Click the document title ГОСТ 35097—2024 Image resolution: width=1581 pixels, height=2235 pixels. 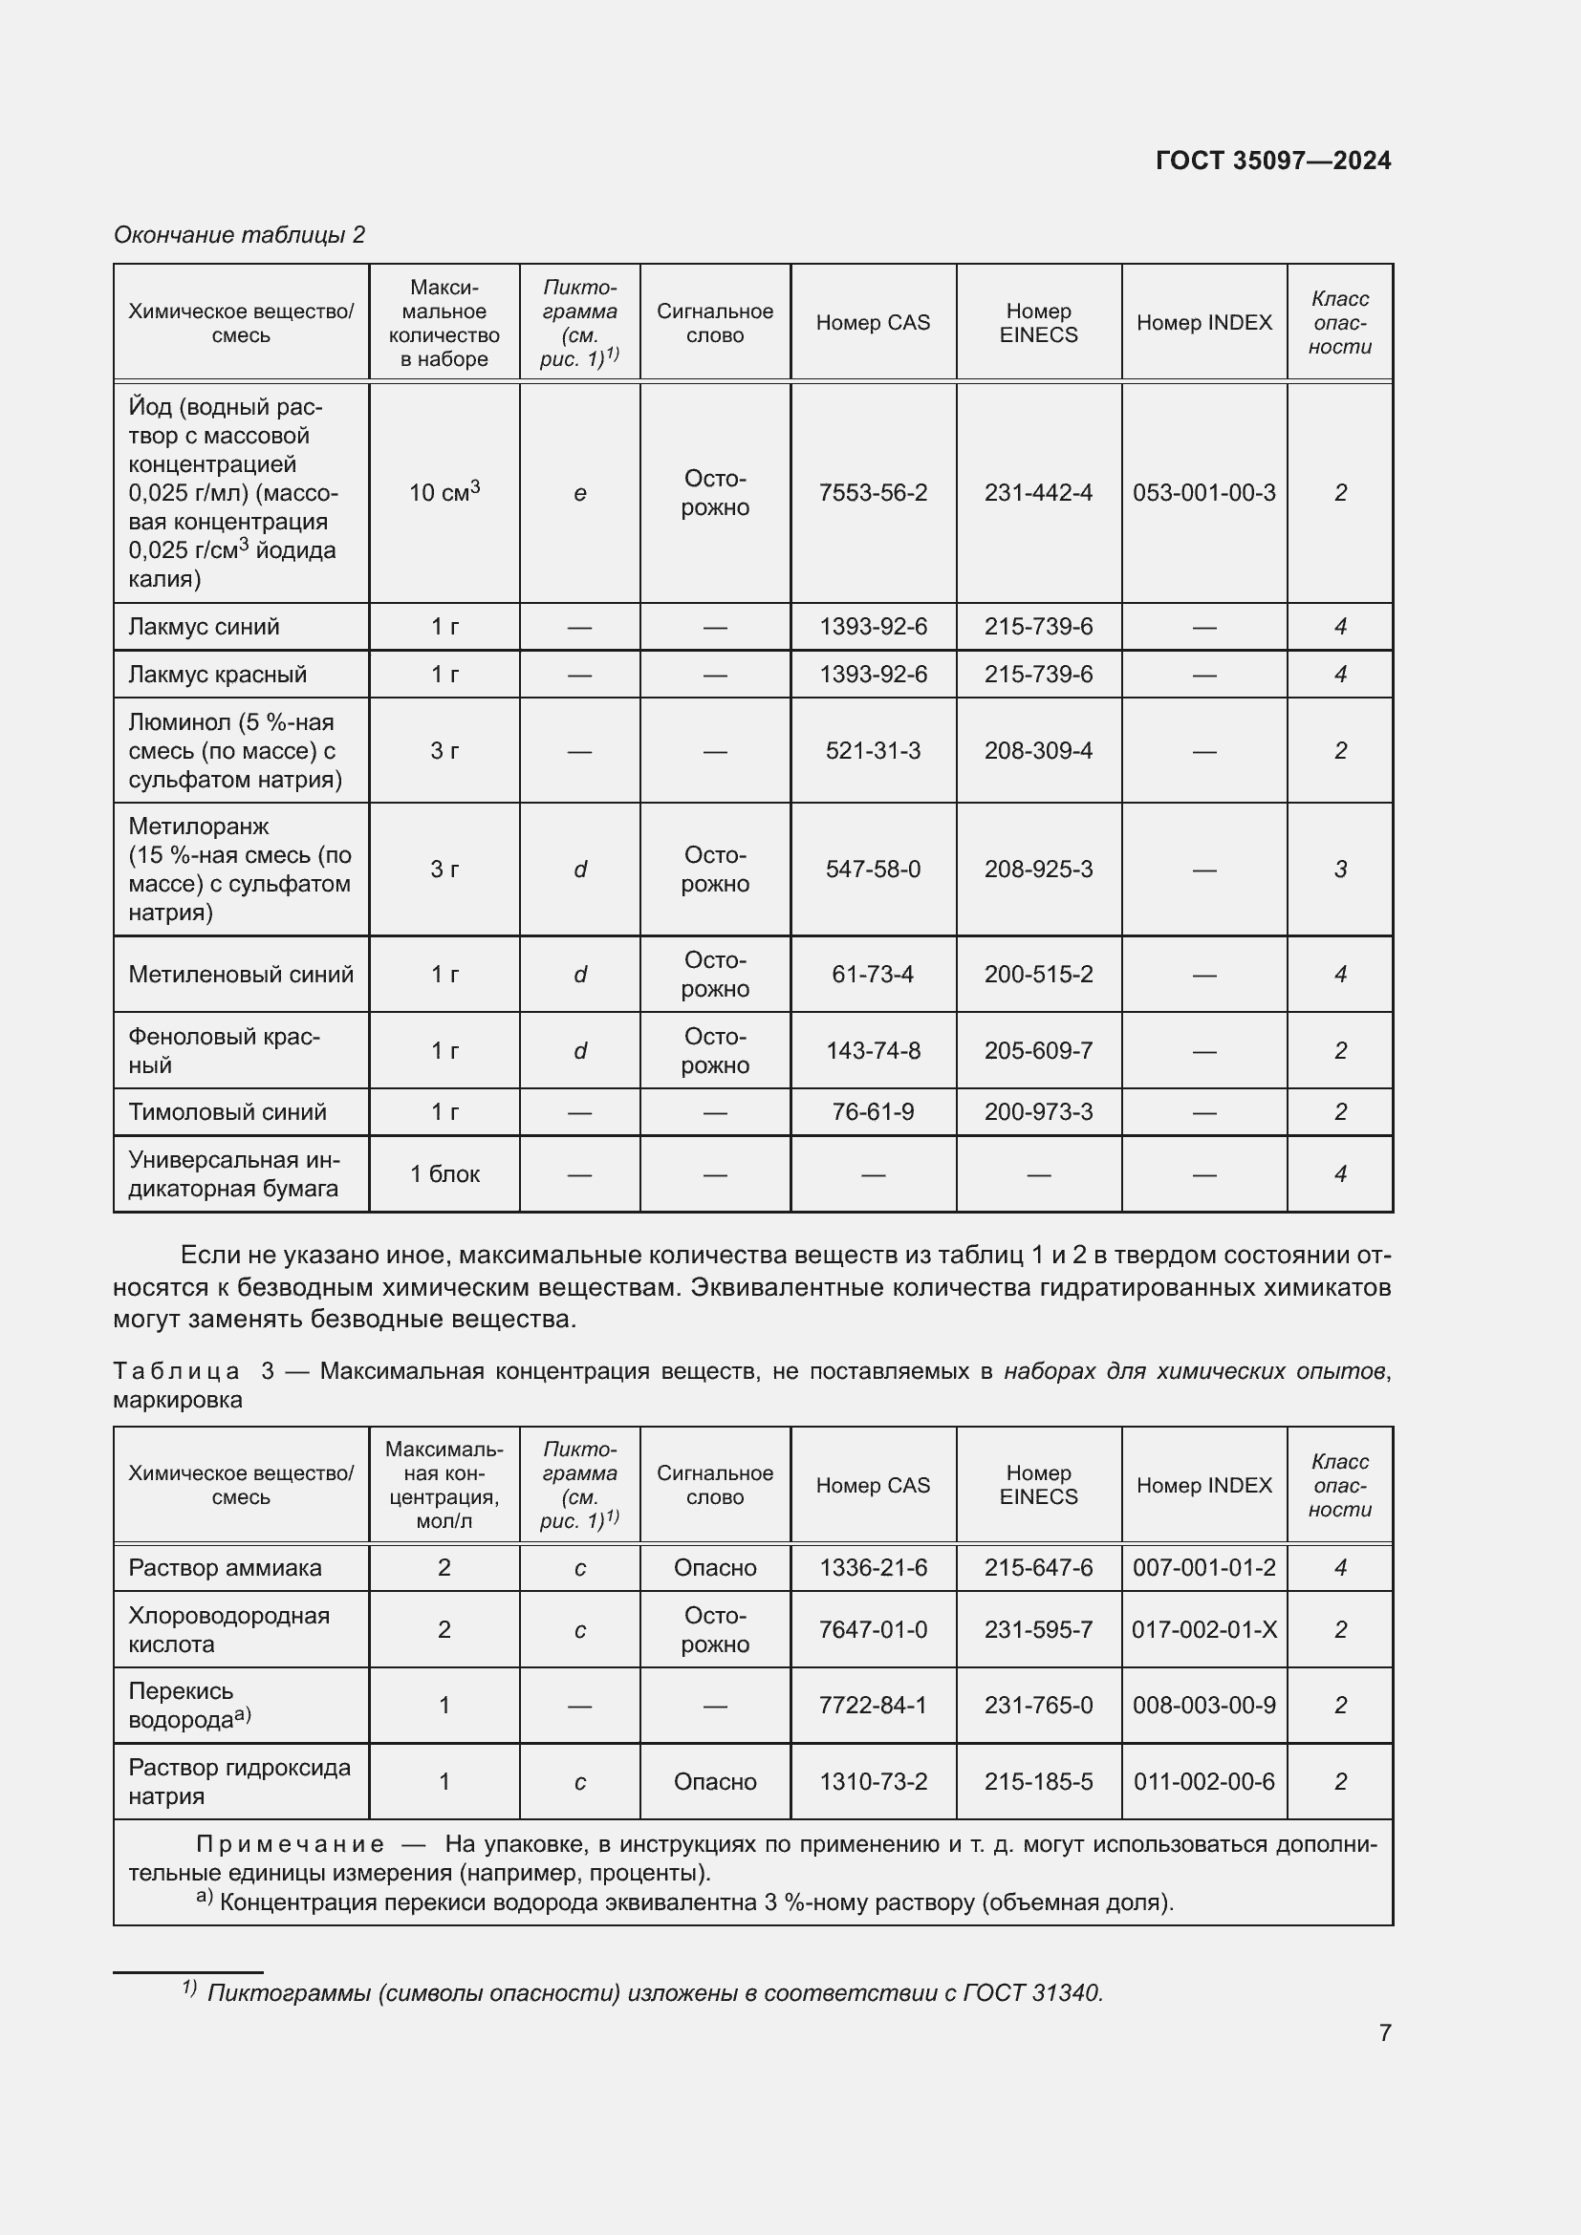coord(1272,161)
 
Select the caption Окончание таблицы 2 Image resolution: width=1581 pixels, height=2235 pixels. coord(240,235)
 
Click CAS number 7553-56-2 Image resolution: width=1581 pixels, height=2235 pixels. coord(873,492)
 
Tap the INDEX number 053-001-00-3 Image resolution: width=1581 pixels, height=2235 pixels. coord(1203,492)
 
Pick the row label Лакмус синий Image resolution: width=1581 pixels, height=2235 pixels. coord(204,627)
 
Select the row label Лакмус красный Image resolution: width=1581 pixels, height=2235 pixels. coord(217,675)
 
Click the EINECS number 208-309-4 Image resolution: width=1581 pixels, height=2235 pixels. coord(1038,750)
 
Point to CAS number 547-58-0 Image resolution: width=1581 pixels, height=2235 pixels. coord(873,870)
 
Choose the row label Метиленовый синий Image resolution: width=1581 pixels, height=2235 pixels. coord(241,975)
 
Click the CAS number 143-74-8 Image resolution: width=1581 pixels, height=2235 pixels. coord(873,1051)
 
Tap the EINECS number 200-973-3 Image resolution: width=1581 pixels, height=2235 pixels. coord(1038,1111)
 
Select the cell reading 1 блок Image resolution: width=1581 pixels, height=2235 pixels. coord(444,1174)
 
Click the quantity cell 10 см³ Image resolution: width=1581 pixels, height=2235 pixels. coord(444,492)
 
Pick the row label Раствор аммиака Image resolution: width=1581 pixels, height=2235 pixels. coord(225,1568)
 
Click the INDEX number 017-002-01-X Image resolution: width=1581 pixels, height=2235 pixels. coord(1203,1629)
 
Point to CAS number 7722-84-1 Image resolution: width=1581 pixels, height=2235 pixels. coord(873,1706)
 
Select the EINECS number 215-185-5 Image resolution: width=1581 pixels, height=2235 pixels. coord(1038,1781)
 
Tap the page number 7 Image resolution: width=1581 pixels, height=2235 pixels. coord(1384,2032)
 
